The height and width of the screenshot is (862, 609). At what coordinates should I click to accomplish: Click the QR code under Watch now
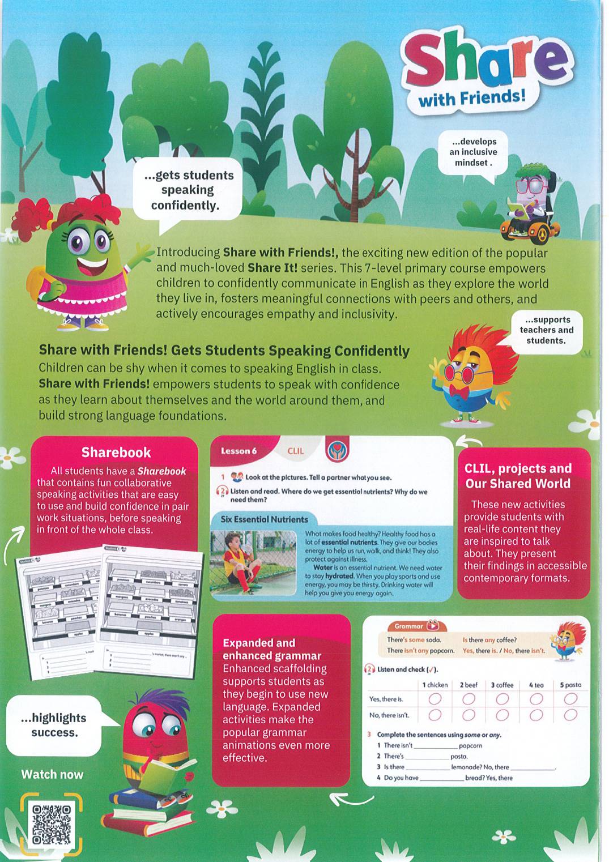coord(52,823)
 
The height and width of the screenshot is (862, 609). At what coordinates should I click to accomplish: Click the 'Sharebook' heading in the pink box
coord(116,453)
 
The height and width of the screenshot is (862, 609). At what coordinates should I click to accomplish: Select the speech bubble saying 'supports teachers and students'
coord(545,330)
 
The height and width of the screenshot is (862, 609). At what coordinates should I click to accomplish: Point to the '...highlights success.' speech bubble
coord(54,725)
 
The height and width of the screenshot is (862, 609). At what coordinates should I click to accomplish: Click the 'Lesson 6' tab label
coord(239,451)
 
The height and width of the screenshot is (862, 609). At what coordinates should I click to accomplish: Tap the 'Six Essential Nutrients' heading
coord(264,519)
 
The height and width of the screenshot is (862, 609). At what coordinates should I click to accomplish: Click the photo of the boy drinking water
coord(253,563)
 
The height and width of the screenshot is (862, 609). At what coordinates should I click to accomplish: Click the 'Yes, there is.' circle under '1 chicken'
coord(435,699)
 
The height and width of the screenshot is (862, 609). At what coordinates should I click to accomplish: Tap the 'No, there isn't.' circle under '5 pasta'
coord(570,715)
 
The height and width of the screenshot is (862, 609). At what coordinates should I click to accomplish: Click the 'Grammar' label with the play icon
coord(417,626)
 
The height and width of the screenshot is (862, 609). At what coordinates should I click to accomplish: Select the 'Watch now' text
coord(52,774)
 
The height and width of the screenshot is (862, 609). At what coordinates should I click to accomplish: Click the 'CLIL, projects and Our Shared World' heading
coord(518,476)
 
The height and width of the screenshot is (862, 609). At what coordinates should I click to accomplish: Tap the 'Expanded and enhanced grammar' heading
coord(272,649)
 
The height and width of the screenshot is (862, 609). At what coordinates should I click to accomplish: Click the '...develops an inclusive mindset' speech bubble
coord(473,152)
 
